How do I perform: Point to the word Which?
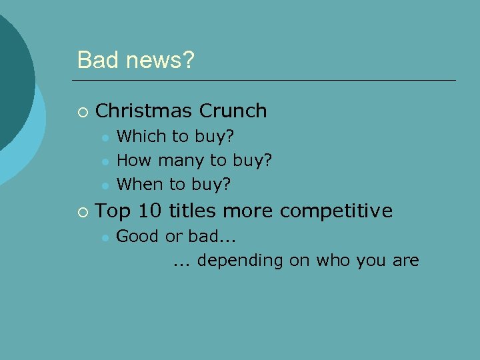click(x=141, y=137)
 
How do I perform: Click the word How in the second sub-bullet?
click(x=132, y=160)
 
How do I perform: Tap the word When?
click(x=139, y=183)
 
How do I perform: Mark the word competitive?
click(x=336, y=211)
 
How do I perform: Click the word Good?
click(x=138, y=237)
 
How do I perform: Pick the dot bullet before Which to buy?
click(x=105, y=137)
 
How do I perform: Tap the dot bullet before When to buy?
click(x=105, y=184)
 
